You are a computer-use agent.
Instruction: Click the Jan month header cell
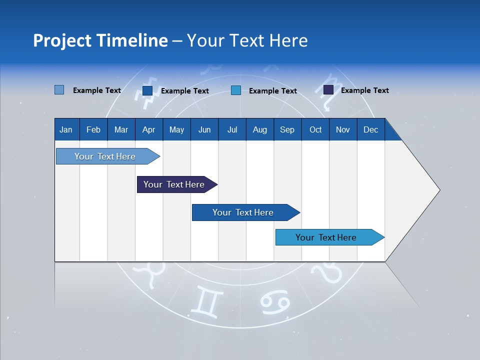click(x=66, y=129)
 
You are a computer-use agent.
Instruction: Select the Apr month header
click(x=148, y=129)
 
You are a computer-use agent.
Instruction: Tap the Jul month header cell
click(x=232, y=129)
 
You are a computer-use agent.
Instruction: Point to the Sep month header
click(x=287, y=129)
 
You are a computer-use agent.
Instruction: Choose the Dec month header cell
click(x=370, y=129)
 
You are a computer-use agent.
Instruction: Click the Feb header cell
click(x=93, y=129)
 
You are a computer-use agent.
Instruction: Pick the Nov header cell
click(x=343, y=129)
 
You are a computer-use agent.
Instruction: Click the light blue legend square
click(x=59, y=90)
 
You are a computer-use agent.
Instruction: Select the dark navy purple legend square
click(x=328, y=90)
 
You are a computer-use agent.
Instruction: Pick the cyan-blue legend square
click(x=236, y=90)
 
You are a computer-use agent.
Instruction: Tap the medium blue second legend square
click(x=147, y=90)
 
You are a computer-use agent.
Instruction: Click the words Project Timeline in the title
click(x=100, y=40)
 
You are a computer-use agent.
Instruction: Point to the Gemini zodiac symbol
click(x=205, y=301)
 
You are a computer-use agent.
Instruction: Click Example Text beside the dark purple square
click(x=364, y=90)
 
